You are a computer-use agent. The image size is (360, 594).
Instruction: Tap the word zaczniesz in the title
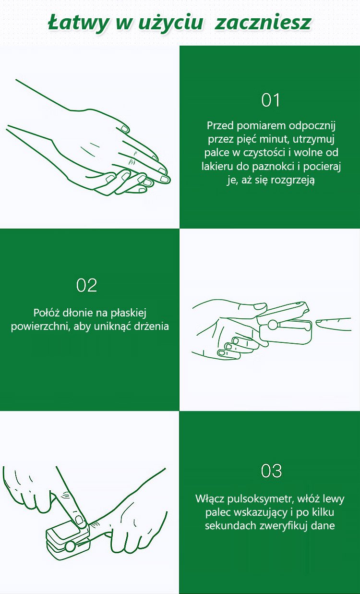click(263, 23)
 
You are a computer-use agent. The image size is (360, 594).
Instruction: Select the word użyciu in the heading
click(170, 24)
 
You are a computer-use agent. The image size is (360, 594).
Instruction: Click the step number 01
click(270, 100)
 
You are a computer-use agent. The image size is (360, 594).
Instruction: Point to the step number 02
click(87, 285)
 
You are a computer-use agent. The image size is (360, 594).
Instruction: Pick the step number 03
click(271, 471)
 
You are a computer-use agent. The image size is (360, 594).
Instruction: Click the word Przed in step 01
click(220, 125)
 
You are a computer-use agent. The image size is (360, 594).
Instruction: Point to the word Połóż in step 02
click(47, 313)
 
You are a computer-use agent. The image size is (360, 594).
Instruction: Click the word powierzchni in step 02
click(41, 327)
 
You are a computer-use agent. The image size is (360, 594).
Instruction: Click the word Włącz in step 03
click(210, 499)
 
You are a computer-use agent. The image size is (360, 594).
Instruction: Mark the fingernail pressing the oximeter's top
click(79, 519)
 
